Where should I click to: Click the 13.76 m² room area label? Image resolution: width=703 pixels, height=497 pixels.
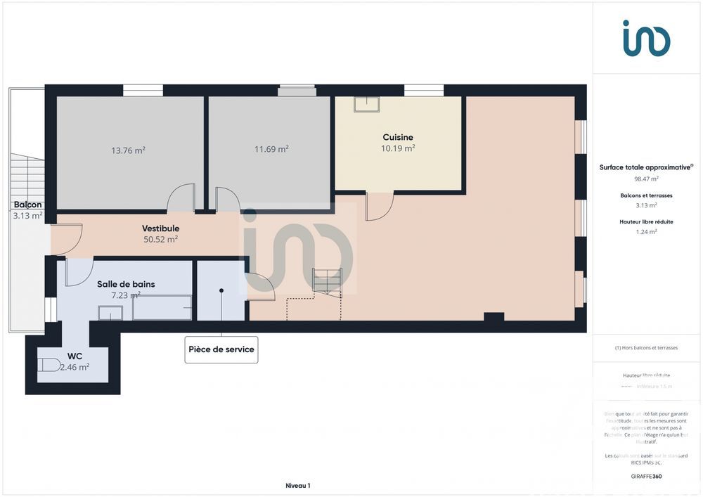128,150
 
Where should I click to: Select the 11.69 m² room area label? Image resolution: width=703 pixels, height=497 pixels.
271,149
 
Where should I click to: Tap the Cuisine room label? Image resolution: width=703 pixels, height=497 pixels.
398,137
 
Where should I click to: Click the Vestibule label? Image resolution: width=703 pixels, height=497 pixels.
160,228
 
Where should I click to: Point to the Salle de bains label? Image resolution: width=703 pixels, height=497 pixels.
126,284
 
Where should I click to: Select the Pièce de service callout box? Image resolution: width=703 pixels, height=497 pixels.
221,349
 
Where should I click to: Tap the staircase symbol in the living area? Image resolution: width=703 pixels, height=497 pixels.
327,280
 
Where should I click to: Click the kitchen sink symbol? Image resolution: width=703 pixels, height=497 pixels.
366,104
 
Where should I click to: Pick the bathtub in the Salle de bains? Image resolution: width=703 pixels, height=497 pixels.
162,308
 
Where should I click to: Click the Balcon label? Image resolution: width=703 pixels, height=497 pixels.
28,205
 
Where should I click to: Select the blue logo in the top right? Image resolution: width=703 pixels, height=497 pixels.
646,38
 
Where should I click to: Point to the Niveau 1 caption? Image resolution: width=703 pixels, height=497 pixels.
297,486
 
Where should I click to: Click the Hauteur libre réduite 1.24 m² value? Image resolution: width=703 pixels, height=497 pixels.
646,231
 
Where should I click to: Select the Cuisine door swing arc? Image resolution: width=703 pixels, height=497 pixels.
380,207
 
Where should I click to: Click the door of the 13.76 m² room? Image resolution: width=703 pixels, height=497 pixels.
181,198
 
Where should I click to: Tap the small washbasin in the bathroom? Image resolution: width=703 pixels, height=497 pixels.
110,313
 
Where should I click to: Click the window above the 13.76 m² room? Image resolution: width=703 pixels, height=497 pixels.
143,90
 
